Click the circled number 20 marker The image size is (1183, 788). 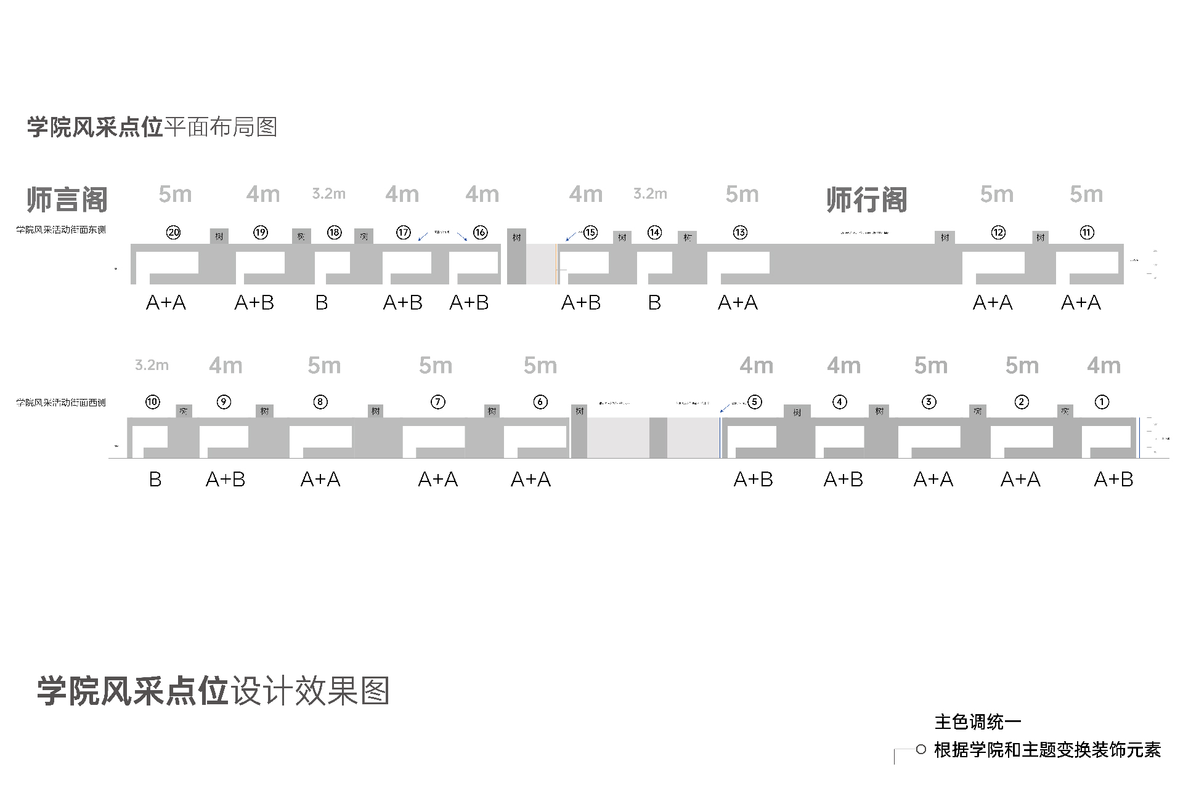point(174,232)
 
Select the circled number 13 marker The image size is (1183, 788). point(740,232)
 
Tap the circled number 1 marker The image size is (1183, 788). point(1102,402)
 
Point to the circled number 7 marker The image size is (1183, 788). point(437,402)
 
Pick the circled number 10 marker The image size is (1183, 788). point(153,402)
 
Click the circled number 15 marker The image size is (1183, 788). point(590,232)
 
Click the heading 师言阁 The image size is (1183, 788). point(67,199)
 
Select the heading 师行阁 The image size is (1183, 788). point(866,199)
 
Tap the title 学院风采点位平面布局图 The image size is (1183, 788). point(152,127)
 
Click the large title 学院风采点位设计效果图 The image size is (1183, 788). point(213,691)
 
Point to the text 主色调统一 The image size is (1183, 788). point(978,722)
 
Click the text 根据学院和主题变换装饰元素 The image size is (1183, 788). point(1047,750)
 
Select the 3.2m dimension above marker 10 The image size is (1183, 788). point(152,365)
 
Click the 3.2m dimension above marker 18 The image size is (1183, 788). point(328,194)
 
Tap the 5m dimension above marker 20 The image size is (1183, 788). point(175,195)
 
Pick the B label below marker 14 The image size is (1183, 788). point(654,302)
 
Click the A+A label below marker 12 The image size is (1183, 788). point(993,302)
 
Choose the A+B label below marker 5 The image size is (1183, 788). point(753,479)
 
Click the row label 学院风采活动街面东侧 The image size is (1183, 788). point(61,230)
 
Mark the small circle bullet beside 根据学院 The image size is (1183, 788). point(921,749)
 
